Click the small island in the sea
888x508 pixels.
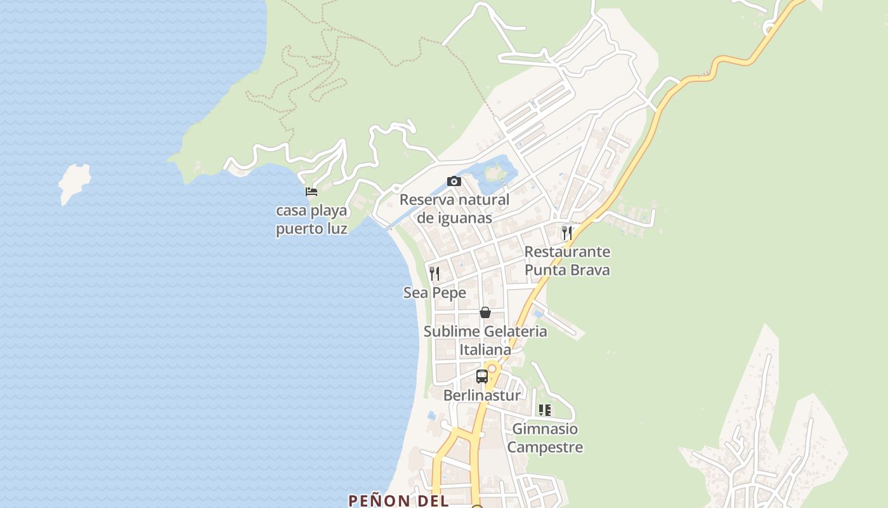tap(74, 183)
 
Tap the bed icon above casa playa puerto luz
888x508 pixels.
tap(311, 192)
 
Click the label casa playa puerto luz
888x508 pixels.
tap(311, 219)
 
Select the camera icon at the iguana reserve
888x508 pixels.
tap(454, 182)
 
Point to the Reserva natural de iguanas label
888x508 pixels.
tap(454, 209)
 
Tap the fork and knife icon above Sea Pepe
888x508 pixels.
tap(434, 274)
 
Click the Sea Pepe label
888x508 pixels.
tap(434, 293)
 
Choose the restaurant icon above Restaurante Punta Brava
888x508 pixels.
tap(567, 233)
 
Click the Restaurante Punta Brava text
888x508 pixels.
tap(567, 260)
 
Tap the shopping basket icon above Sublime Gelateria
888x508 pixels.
tap(485, 312)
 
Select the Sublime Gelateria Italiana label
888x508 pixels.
tap(485, 340)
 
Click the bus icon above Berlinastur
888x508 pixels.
tap(482, 376)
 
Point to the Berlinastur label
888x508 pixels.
tap(482, 395)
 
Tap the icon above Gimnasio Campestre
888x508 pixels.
tap(544, 410)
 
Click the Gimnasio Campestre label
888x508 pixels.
tap(545, 438)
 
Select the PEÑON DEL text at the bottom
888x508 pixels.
tap(398, 500)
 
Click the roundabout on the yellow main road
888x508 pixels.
tap(492, 368)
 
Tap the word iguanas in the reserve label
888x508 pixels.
tap(465, 218)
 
